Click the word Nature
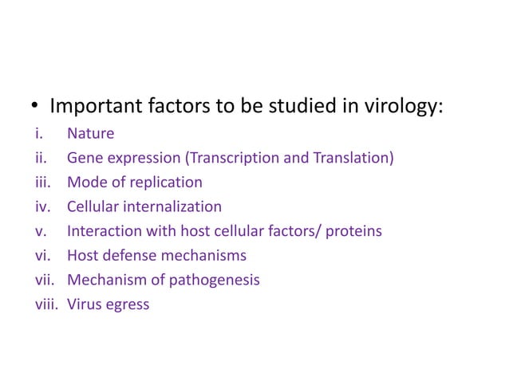[x=90, y=134]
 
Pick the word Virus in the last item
[x=85, y=304]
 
